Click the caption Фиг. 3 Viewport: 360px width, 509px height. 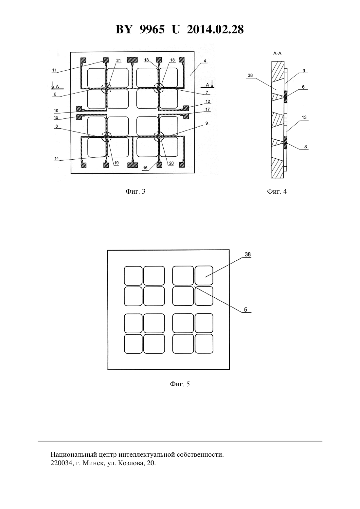tap(135, 191)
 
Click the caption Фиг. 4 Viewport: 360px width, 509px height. tap(277, 191)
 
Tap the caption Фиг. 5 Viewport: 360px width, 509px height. tap(180, 384)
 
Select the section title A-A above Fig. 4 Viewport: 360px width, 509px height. tap(277, 54)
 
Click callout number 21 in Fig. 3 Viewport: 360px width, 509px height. tap(118, 61)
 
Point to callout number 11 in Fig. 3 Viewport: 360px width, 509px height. tap(54, 70)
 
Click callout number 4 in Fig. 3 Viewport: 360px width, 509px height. tap(205, 61)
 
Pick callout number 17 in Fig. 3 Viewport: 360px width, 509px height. tap(207, 109)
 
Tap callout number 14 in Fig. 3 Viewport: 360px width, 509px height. tap(57, 158)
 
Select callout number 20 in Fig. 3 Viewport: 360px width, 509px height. tap(171, 163)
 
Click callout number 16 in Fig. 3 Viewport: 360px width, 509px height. tap(145, 168)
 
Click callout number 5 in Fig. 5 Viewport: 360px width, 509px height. tap(245, 309)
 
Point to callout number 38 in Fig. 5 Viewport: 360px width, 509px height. tap(247, 254)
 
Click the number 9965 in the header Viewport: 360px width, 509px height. tap(152, 29)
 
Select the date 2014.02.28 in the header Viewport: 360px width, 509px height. tap(215, 29)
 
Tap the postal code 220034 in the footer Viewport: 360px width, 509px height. tap(61, 463)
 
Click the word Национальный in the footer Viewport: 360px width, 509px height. tap(72, 454)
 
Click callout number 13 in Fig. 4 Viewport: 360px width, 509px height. tap(304, 117)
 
